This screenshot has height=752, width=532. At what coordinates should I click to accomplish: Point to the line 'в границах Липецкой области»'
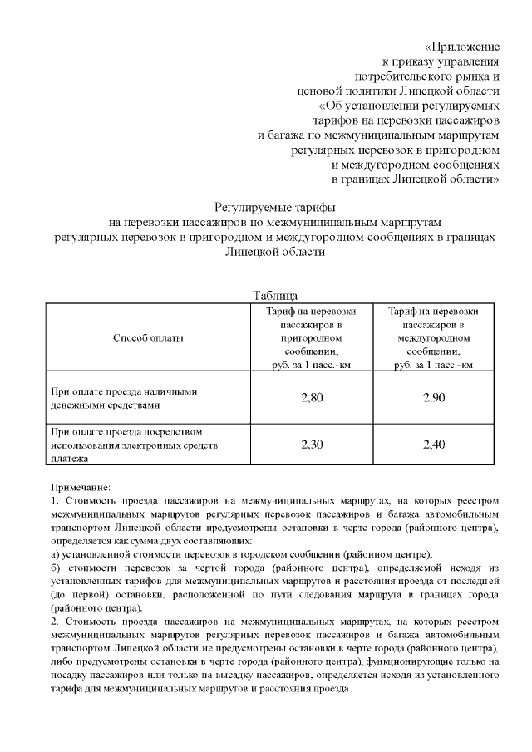click(x=415, y=178)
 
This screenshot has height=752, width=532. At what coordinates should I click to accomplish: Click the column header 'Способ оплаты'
click(x=147, y=337)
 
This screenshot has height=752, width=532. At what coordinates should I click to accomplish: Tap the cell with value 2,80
click(x=311, y=398)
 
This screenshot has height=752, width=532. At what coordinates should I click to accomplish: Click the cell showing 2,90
click(x=434, y=398)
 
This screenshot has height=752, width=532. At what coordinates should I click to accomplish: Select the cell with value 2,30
click(x=311, y=445)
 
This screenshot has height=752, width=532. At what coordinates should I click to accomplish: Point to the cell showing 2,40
click(x=434, y=445)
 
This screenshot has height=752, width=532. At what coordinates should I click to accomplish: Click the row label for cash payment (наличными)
click(x=125, y=398)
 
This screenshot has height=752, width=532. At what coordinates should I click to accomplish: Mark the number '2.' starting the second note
click(x=54, y=621)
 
